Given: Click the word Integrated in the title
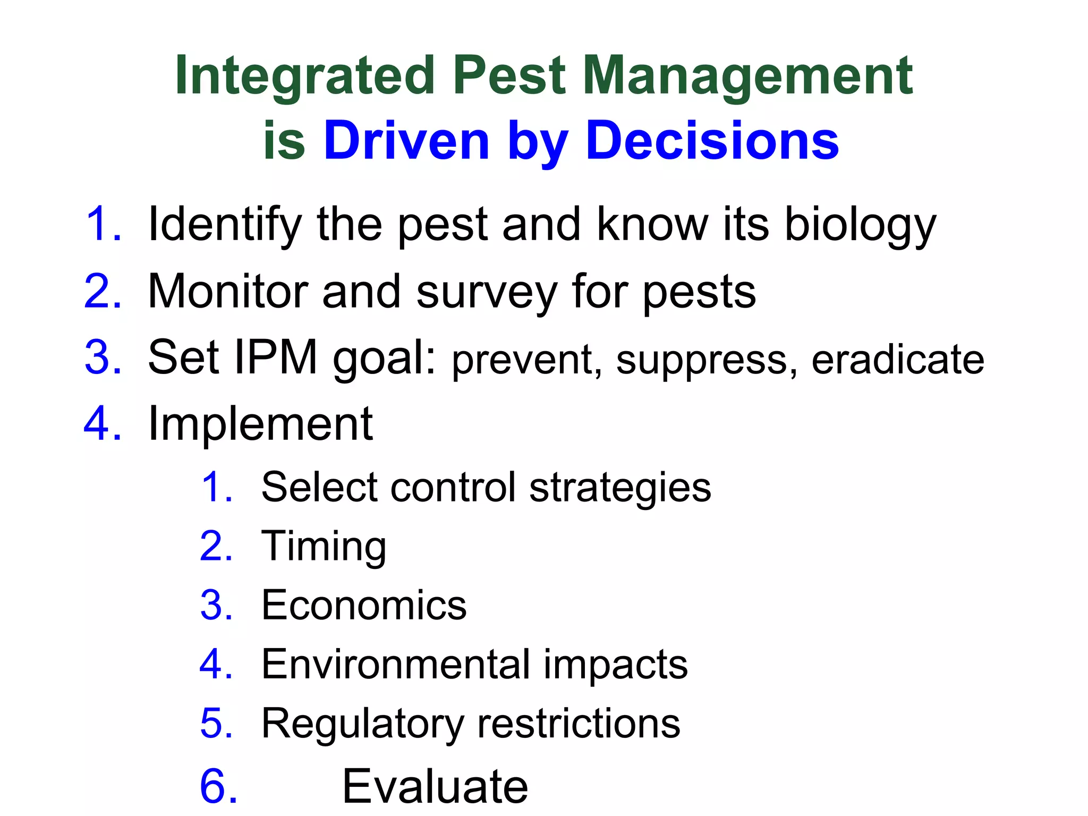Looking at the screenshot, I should point(304,77).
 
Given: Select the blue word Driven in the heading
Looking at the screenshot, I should point(406,141).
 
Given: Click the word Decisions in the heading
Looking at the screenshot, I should point(712,141).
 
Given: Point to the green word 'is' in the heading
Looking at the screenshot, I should point(284,141).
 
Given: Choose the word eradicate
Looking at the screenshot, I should point(898,360).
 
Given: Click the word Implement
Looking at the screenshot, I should point(260,424).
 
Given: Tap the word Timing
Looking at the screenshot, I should point(324,547).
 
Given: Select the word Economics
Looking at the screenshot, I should point(364,605).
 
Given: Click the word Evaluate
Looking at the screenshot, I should point(435,786).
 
